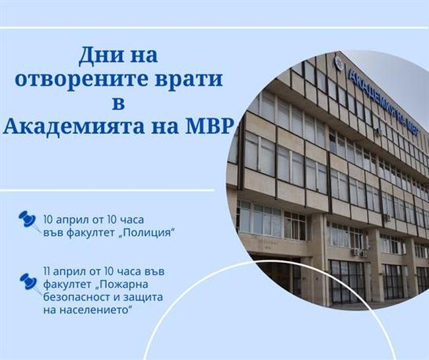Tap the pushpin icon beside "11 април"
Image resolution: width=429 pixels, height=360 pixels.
(x=28, y=281)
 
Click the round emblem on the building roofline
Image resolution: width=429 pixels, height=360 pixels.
(x=339, y=63)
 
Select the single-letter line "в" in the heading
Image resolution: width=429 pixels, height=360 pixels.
(x=119, y=103)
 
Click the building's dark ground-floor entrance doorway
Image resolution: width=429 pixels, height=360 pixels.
(x=277, y=274)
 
